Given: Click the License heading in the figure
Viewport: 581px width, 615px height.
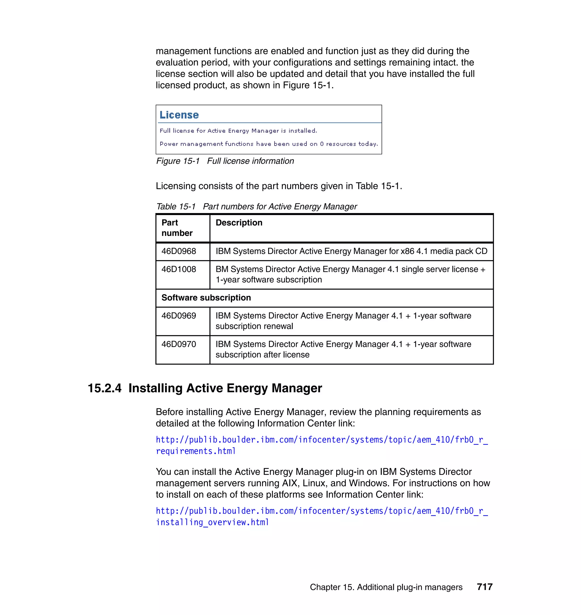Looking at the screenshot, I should click(179, 115).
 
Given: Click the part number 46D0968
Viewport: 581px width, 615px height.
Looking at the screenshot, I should click(179, 251).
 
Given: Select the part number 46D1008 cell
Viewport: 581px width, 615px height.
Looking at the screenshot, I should click(179, 269).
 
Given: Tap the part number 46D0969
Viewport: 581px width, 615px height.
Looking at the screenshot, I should click(179, 315).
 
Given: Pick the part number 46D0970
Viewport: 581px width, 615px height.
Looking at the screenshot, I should click(179, 344).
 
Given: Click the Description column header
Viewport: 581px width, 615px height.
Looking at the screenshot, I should click(239, 223).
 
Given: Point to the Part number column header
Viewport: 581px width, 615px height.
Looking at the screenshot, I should click(177, 228).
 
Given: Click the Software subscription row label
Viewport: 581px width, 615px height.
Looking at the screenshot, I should click(206, 298).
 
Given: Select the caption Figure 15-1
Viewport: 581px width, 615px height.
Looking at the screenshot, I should click(178, 161).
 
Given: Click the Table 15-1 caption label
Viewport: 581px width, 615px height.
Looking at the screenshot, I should click(176, 207).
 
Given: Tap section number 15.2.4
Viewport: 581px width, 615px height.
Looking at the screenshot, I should click(104, 388).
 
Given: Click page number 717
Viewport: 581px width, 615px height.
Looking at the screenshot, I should click(484, 587).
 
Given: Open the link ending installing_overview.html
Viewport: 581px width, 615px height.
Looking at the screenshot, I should click(212, 523).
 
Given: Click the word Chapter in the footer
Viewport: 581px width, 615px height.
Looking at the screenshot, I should click(325, 587).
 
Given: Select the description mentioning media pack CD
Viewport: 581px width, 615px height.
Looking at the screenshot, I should click(351, 251).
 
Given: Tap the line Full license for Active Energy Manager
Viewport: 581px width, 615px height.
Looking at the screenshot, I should click(238, 131).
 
